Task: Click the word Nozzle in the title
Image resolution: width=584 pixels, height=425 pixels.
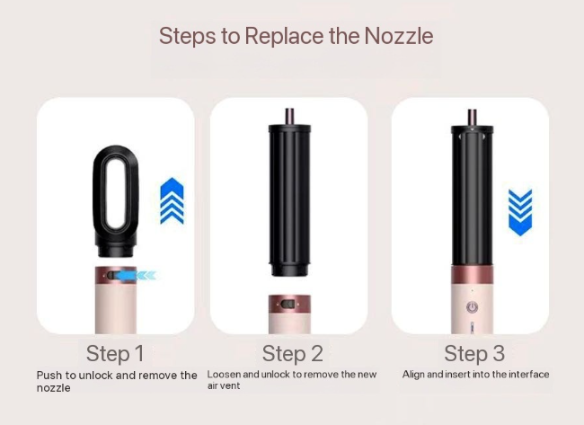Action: (x=399, y=36)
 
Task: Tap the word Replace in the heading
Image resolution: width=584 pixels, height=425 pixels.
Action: (x=284, y=37)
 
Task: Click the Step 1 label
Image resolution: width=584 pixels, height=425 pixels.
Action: (x=115, y=353)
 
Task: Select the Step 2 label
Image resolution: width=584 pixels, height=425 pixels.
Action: (x=293, y=353)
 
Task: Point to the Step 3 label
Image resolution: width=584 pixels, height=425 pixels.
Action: (x=474, y=353)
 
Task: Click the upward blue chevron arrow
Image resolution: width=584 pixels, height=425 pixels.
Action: (x=173, y=200)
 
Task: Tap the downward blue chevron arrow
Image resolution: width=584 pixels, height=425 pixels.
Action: (x=520, y=212)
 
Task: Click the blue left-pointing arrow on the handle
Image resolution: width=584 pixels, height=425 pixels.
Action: (x=134, y=275)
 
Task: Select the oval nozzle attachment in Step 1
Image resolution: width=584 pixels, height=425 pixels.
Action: (x=116, y=201)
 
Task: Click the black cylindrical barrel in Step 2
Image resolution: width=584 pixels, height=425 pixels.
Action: (x=289, y=200)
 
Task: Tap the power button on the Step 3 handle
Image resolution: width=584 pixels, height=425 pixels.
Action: (x=473, y=307)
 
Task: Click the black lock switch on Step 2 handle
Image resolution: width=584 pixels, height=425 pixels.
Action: (x=288, y=305)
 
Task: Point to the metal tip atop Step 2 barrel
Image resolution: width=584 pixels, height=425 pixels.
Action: (x=289, y=116)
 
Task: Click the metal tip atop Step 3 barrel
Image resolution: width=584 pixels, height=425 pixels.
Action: (x=473, y=118)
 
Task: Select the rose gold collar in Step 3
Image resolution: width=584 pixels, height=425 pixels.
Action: (x=473, y=276)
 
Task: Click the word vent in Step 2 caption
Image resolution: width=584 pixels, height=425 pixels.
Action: (x=231, y=385)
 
